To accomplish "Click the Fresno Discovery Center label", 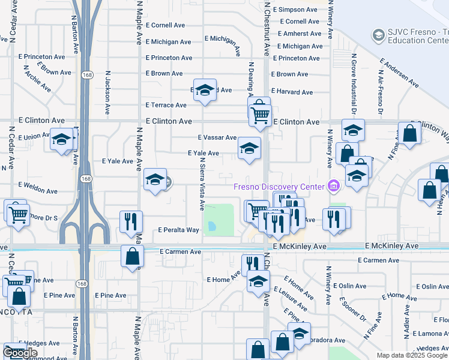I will click(x=280, y=185).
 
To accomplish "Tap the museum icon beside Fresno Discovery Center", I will click(x=333, y=186).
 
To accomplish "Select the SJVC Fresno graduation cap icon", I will click(x=379, y=35).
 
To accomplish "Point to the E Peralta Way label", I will click(x=178, y=230).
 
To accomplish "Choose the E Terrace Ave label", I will click(x=166, y=105).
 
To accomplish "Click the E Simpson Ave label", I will click(x=294, y=10).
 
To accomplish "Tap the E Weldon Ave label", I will click(x=38, y=188).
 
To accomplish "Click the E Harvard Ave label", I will click(x=292, y=92).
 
